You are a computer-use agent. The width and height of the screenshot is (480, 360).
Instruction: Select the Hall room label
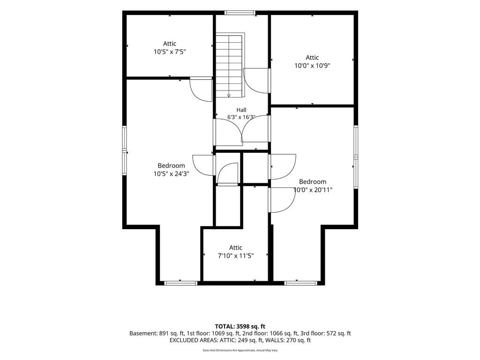pyautogui.click(x=241, y=110)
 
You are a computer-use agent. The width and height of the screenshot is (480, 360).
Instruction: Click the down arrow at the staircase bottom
pyautogui.click(x=229, y=95)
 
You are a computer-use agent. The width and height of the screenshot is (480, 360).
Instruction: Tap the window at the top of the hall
pyautogui.click(x=240, y=13)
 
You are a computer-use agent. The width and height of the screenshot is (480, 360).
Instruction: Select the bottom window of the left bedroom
pyautogui.click(x=180, y=283)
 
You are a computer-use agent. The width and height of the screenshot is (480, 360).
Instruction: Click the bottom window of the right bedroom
pyautogui.click(x=300, y=283)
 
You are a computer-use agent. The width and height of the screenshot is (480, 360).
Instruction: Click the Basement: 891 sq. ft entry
pyautogui.click(x=157, y=333)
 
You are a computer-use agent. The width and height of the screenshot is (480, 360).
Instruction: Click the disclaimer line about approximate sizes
pyautogui.click(x=240, y=350)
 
